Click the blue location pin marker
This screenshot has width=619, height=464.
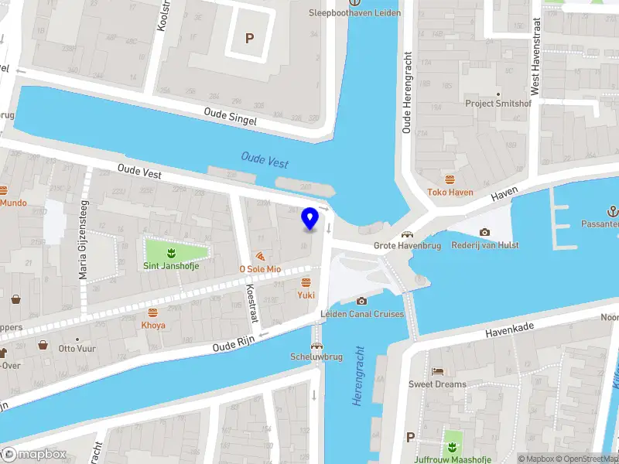[x=310, y=219]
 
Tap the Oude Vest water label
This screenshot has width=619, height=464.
[x=265, y=159]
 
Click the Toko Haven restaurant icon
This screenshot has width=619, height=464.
[x=450, y=179]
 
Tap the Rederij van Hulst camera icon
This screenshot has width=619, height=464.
[x=484, y=232]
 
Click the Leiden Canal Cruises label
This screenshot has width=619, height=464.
[x=362, y=314]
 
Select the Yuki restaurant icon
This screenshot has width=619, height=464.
[x=306, y=282]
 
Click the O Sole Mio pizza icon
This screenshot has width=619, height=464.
[x=260, y=256]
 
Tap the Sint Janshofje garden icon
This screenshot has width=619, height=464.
[x=171, y=252]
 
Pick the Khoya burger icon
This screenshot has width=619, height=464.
[x=152, y=312]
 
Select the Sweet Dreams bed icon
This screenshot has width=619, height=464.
[x=437, y=371]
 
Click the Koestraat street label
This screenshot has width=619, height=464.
[x=251, y=304]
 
